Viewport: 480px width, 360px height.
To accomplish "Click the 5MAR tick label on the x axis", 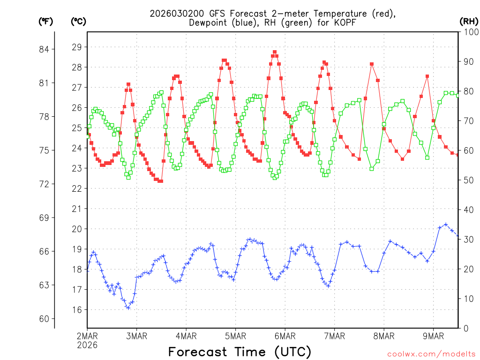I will [x=236, y=336].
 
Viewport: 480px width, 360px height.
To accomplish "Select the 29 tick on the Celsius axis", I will [x=77, y=47].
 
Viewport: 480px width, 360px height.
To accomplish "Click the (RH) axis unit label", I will [x=469, y=21].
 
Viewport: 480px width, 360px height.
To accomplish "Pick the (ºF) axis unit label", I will [x=46, y=21].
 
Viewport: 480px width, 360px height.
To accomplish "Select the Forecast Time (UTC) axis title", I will [x=240, y=352].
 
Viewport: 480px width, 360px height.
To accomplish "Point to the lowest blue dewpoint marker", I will [x=128, y=307].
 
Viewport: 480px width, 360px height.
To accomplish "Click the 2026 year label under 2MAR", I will [x=87, y=345].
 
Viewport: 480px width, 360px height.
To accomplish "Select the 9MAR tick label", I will [x=434, y=336].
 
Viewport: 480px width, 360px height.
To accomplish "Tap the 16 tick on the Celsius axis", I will [x=77, y=310].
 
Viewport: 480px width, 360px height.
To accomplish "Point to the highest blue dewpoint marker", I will [x=446, y=225].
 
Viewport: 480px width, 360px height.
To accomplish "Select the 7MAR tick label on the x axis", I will [x=335, y=336].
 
